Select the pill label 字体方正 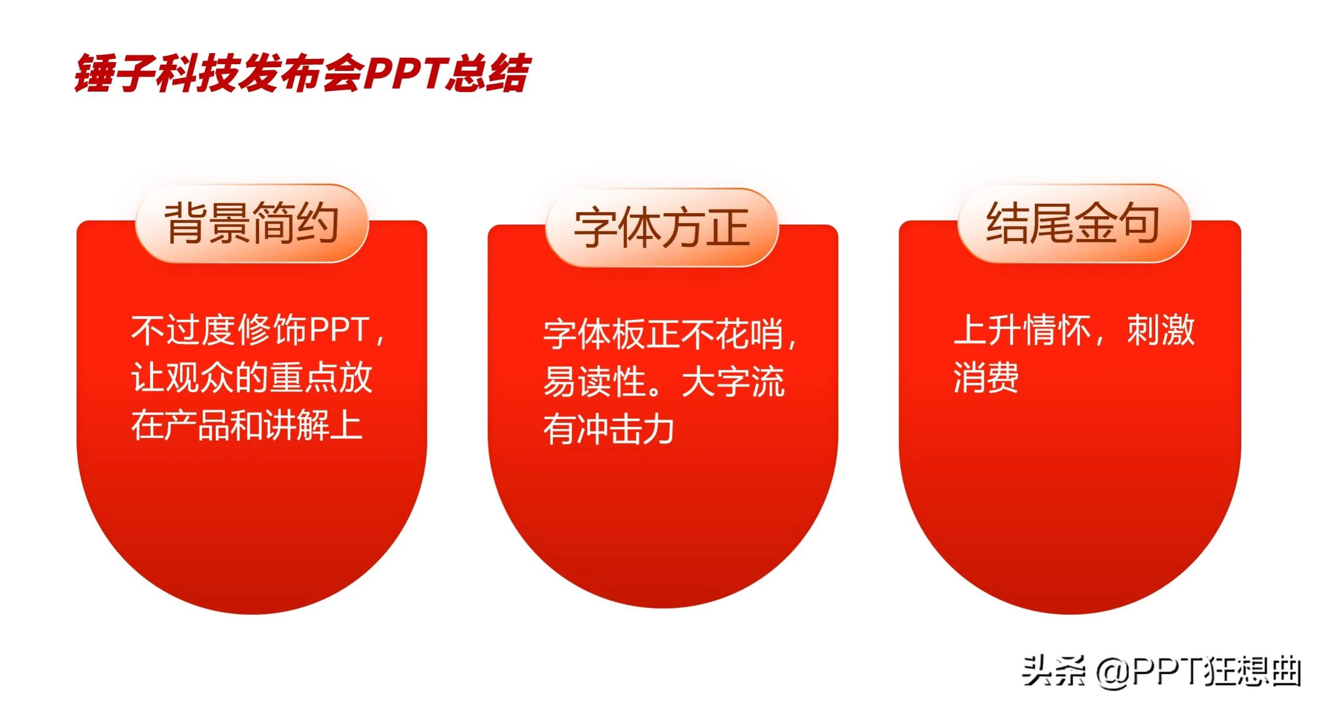point(662,228)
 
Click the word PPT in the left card point(339,330)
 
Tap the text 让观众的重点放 point(251,378)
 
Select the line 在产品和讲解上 point(247,425)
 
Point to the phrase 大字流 point(734,382)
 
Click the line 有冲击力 point(608,430)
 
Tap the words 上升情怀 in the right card point(1022,330)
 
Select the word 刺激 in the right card point(1161,330)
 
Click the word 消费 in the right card point(986,377)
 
